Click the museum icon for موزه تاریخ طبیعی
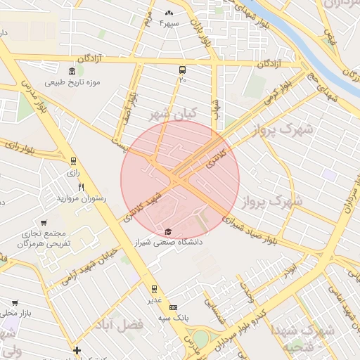click(72, 71)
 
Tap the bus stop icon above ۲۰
click(183, 70)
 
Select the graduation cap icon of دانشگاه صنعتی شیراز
click(167, 231)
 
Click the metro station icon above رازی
click(74, 160)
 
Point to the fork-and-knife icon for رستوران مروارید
click(82, 187)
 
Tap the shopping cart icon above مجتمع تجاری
click(44, 222)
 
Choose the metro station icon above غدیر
click(154, 288)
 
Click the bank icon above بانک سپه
click(174, 307)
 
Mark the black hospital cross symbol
click(77, 350)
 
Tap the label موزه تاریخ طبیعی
click(73, 82)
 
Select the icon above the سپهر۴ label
click(168, 13)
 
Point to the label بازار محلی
click(16, 311)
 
